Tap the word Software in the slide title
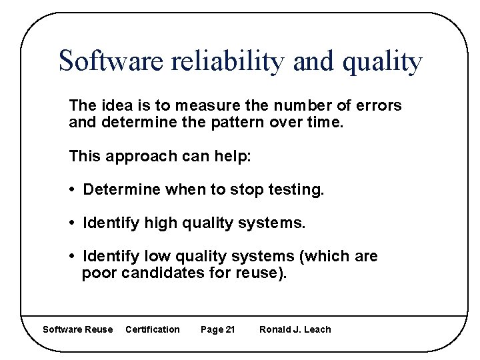[110, 62]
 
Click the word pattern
[236, 123]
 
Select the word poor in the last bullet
[99, 273]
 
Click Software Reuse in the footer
[77, 329]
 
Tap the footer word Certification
[152, 329]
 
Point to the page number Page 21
[217, 329]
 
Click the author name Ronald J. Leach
[295, 329]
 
